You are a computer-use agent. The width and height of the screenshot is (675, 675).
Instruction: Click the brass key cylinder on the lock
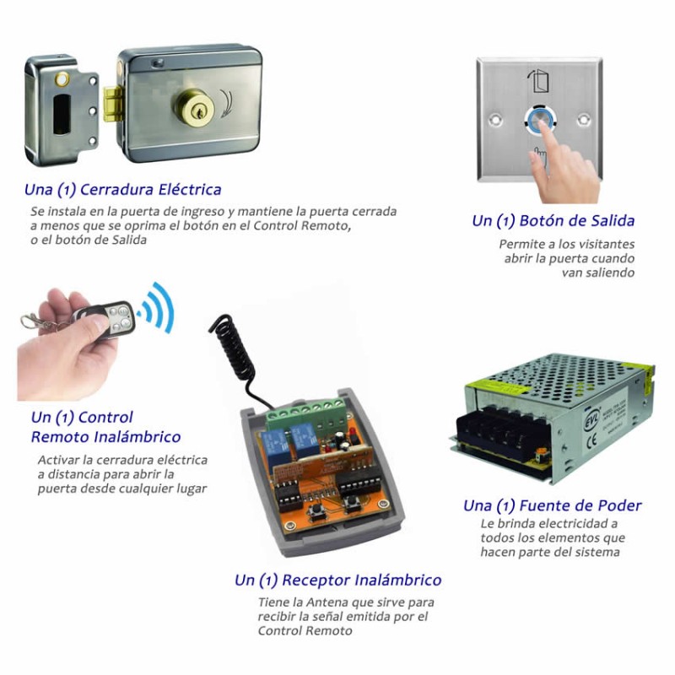click(x=194, y=108)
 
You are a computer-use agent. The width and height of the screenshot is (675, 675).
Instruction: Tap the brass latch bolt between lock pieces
click(x=112, y=103)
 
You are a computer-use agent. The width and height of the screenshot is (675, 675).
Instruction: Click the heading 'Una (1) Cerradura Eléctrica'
click(x=122, y=190)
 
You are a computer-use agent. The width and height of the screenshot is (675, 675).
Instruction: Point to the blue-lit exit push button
click(x=538, y=121)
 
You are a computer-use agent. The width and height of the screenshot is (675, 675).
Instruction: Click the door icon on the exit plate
click(x=538, y=81)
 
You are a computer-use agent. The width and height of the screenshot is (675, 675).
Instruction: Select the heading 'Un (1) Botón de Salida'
click(x=553, y=221)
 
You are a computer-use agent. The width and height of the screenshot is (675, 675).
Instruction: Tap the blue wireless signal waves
click(x=156, y=307)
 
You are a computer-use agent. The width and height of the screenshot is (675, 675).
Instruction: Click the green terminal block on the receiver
click(x=305, y=414)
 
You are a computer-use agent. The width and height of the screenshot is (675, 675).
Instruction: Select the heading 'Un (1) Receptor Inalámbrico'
click(x=338, y=580)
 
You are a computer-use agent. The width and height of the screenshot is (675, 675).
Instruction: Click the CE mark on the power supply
click(x=591, y=441)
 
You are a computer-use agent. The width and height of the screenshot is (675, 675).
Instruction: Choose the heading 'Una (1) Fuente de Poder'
click(x=553, y=505)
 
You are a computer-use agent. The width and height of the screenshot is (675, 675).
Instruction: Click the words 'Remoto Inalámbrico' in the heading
click(x=106, y=437)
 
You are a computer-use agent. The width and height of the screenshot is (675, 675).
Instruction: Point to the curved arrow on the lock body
click(x=226, y=103)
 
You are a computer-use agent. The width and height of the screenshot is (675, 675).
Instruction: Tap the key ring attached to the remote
click(x=30, y=321)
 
